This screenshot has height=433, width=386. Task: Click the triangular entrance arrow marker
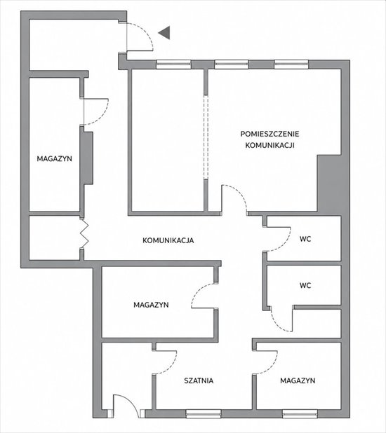click(x=166, y=33)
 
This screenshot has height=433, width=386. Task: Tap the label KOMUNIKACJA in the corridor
click(x=168, y=240)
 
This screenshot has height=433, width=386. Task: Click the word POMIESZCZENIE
click(x=269, y=134)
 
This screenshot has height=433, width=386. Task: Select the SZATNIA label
click(x=199, y=380)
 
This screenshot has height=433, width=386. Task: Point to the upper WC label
click(x=305, y=239)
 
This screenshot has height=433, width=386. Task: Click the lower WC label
click(x=305, y=285)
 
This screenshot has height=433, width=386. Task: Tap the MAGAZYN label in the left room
click(x=55, y=158)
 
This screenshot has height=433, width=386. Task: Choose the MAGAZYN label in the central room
click(x=151, y=305)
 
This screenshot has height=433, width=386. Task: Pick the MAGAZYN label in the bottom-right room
click(x=298, y=380)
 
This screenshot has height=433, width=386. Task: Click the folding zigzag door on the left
click(x=84, y=233)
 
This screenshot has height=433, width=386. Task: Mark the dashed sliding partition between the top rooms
click(x=206, y=137)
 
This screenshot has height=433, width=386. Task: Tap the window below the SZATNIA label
click(x=204, y=413)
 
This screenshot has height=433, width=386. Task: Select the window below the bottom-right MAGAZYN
click(x=300, y=413)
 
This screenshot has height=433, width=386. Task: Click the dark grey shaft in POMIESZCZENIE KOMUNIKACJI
click(x=329, y=184)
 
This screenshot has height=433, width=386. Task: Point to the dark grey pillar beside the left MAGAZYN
click(x=86, y=158)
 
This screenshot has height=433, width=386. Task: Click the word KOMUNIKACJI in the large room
click(x=269, y=145)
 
